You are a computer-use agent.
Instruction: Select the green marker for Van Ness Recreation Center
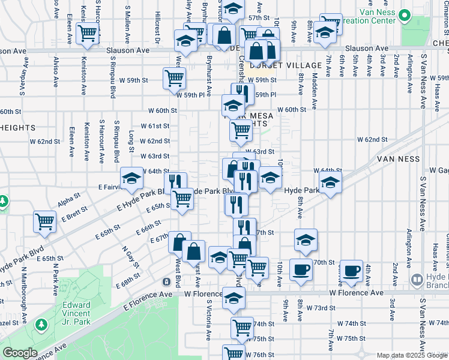click(406, 13)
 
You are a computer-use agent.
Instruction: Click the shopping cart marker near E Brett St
click(45, 221)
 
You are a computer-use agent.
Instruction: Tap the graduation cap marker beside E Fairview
click(131, 178)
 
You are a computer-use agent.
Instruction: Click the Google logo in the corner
click(20, 353)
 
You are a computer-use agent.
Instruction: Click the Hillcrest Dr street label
click(157, 28)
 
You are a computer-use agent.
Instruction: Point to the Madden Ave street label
click(314, 83)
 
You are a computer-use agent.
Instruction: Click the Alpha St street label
click(70, 196)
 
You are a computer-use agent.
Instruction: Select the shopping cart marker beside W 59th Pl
click(173, 77)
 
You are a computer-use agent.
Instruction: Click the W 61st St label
click(155, 126)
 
